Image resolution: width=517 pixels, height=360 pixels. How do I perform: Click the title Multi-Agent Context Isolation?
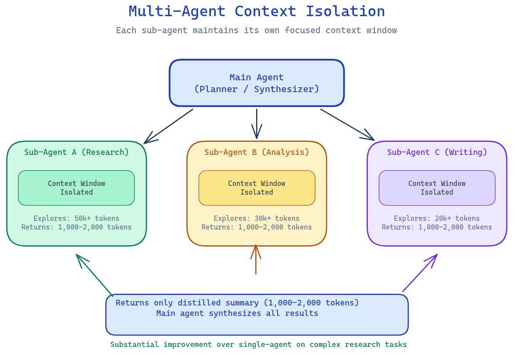click(x=257, y=11)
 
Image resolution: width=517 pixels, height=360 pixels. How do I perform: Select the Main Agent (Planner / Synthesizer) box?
click(x=257, y=83)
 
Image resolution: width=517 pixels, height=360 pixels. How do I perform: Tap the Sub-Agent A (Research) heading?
click(x=76, y=152)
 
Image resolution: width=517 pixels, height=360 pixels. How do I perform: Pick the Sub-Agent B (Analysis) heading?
click(x=257, y=152)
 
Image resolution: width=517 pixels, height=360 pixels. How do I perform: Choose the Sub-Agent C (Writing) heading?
click(x=437, y=152)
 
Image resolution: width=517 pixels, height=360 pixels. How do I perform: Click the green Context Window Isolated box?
click(x=76, y=188)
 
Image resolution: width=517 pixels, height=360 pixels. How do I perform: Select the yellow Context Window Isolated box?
click(x=257, y=188)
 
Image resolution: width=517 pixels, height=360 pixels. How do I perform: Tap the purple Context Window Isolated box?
click(x=437, y=188)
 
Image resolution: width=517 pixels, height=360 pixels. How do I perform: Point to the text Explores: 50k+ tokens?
click(x=76, y=218)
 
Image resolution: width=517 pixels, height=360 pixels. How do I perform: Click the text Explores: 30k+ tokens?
click(x=257, y=218)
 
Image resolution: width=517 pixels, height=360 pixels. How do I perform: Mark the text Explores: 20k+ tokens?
click(x=437, y=218)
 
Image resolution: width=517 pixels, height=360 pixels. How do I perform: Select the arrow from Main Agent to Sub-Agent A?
click(x=168, y=126)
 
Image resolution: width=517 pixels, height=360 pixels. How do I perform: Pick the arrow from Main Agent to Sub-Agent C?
click(x=347, y=125)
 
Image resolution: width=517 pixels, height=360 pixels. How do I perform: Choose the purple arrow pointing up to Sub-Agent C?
click(x=420, y=273)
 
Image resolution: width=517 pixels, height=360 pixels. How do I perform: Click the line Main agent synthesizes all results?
click(x=237, y=313)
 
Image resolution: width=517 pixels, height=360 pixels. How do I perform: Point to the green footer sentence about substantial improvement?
click(x=258, y=344)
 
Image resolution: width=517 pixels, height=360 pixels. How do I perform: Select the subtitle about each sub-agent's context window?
click(x=256, y=31)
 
